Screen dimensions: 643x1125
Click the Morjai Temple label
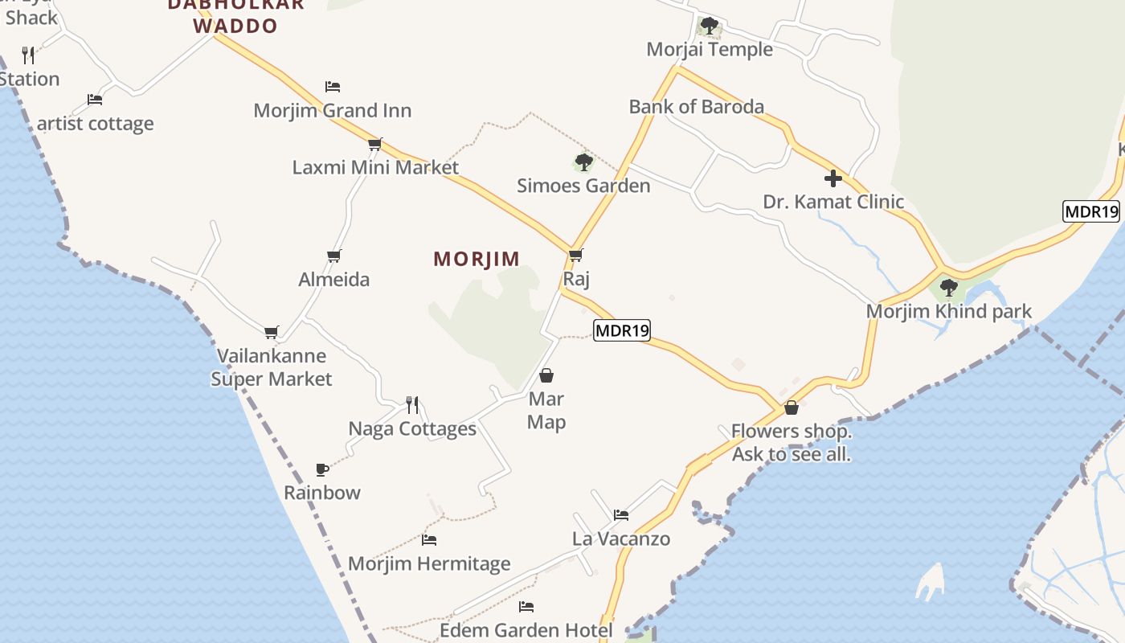click(710, 49)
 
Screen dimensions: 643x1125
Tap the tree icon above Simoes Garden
click(584, 163)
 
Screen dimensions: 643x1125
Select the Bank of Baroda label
click(697, 106)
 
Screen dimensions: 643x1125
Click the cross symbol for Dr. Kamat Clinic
click(833, 178)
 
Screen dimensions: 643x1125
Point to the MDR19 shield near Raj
click(622, 330)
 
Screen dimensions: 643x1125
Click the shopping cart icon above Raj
click(575, 256)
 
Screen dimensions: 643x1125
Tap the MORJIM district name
click(477, 259)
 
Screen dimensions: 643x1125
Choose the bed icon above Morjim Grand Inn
click(333, 87)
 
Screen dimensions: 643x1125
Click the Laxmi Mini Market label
click(375, 167)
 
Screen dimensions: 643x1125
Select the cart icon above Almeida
click(334, 256)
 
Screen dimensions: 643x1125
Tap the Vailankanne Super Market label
click(272, 367)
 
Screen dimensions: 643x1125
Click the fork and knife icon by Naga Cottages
click(412, 404)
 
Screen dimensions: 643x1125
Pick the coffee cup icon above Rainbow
click(322, 469)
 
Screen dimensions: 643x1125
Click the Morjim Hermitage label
click(429, 564)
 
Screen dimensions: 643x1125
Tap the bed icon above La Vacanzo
click(620, 515)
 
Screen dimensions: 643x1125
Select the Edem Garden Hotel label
click(526, 631)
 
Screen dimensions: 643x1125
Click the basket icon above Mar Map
click(546, 375)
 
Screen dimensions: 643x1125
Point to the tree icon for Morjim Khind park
click(949, 287)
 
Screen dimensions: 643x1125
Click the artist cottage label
click(96, 124)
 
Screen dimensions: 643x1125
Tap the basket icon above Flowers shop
click(792, 408)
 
